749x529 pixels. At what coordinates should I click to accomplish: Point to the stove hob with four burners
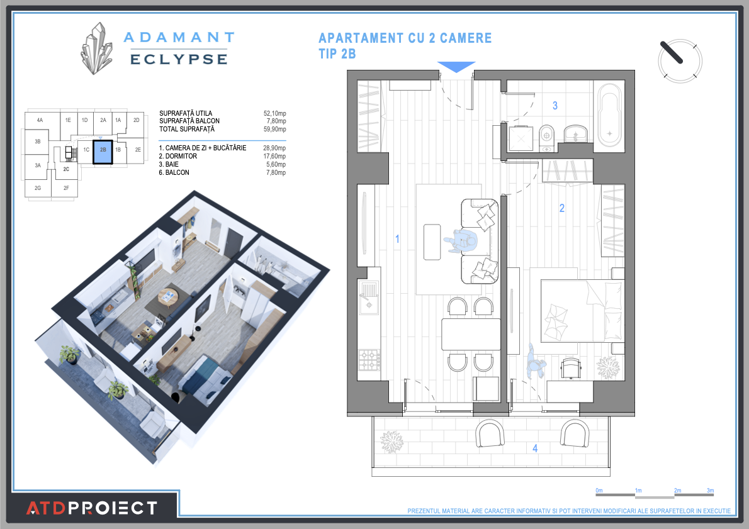[369, 360]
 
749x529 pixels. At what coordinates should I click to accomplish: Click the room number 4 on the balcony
[535, 448]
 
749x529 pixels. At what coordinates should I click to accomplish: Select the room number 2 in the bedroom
[562, 208]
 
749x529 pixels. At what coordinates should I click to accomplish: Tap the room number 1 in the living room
[397, 238]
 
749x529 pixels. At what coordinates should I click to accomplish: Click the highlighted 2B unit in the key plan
[103, 151]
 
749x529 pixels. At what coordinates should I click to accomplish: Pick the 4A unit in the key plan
[40, 120]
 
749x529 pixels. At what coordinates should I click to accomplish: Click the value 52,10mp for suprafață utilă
[274, 113]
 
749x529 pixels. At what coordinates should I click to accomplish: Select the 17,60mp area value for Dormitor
[274, 157]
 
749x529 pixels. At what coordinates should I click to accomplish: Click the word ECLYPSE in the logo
[178, 59]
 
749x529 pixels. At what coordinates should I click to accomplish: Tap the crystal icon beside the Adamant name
[96, 49]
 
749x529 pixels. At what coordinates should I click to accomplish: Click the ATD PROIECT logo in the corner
[91, 507]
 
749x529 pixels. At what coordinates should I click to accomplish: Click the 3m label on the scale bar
[710, 490]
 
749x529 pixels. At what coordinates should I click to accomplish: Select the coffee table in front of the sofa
[432, 242]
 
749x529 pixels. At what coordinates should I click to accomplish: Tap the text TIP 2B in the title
[337, 54]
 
